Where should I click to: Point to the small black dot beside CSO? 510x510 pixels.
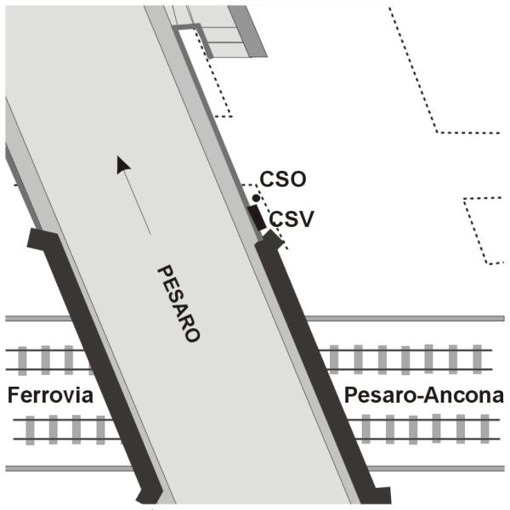point(256,197)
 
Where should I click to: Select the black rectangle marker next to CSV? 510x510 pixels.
point(258,217)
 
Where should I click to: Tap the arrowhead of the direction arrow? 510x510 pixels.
point(124,165)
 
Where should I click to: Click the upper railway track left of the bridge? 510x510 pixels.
point(47,360)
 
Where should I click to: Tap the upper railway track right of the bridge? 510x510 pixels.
point(408,360)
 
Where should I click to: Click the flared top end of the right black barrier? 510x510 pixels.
point(270,243)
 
